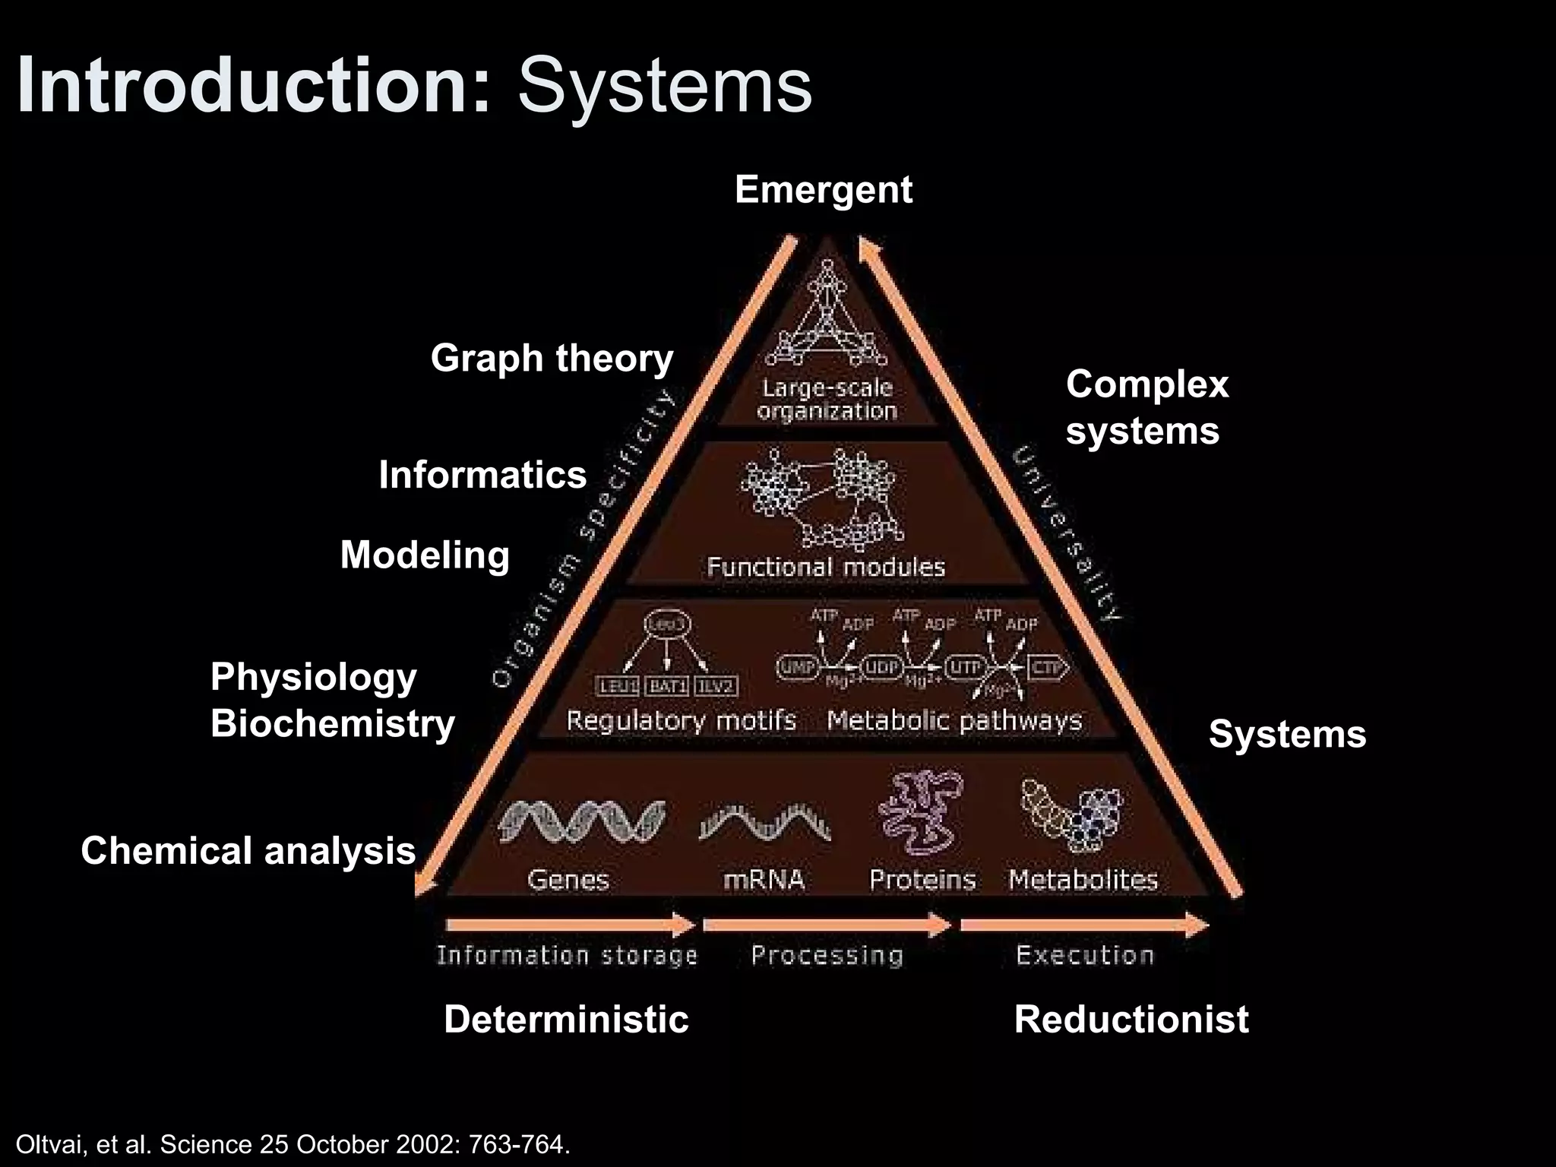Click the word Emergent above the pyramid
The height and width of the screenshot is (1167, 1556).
tap(823, 190)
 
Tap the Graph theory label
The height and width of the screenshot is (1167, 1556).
tap(552, 358)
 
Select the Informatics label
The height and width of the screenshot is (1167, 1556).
tap(482, 475)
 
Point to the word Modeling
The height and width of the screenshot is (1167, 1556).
tap(425, 555)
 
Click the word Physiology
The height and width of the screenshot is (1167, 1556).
tap(313, 677)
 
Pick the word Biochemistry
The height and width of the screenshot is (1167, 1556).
tap(332, 723)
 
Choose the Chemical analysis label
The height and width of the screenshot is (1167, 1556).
tap(248, 850)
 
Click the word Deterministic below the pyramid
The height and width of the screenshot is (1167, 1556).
tap(566, 1019)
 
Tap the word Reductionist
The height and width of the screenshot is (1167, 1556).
tap(1131, 1019)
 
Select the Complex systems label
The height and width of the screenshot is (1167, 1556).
tap(1146, 407)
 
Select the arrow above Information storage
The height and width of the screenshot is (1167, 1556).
tap(570, 925)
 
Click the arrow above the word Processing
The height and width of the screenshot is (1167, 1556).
tap(827, 925)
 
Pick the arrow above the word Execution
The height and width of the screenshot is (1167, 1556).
tap(1084, 925)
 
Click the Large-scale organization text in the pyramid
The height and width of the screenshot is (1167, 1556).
tap(827, 400)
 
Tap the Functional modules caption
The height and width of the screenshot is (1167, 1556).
tap(826, 567)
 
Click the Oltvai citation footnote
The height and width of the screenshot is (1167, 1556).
tap(293, 1144)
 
